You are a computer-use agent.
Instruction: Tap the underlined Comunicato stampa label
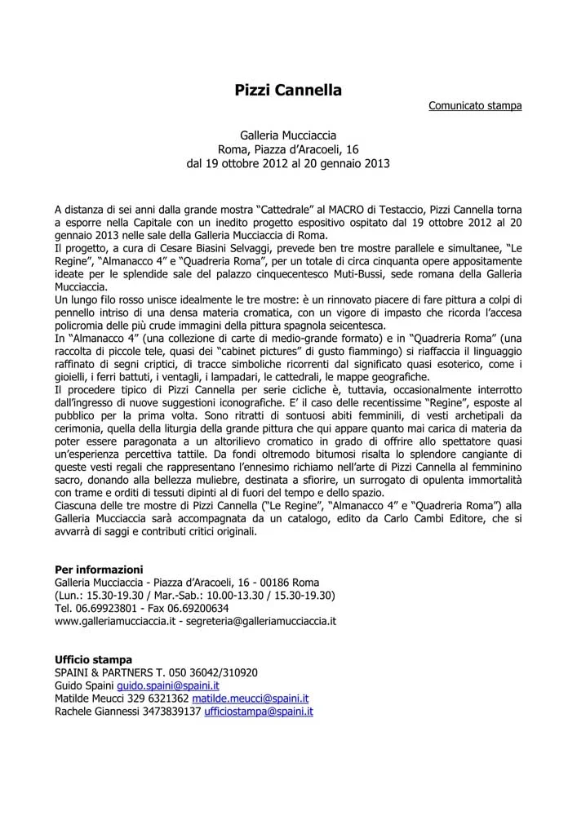pos(475,105)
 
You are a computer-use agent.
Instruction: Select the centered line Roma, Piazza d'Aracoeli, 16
pos(288,149)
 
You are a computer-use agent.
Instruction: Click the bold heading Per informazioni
pos(98,569)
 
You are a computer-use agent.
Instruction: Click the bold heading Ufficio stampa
pos(93,659)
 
